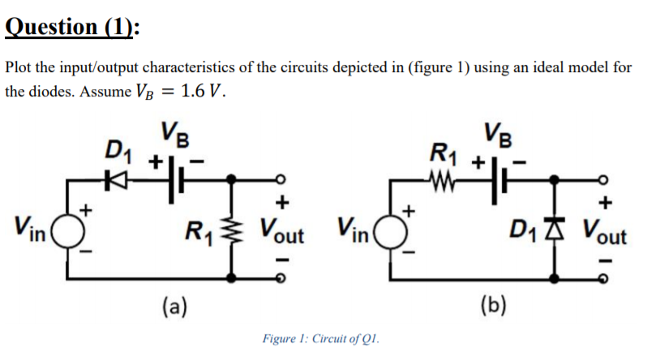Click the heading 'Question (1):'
72,26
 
